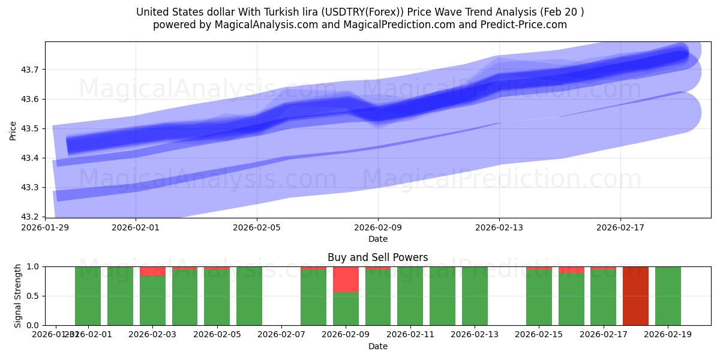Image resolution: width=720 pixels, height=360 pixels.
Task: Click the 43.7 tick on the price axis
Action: click(x=30, y=70)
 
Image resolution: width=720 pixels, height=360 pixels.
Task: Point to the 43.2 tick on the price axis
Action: click(x=30, y=217)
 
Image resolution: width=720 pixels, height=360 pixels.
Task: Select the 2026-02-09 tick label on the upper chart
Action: click(x=378, y=228)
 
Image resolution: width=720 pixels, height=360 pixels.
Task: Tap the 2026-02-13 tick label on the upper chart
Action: click(x=499, y=228)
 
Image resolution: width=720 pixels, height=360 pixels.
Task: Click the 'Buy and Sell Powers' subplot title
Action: click(x=378, y=257)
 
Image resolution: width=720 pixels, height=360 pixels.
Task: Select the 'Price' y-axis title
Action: click(x=13, y=130)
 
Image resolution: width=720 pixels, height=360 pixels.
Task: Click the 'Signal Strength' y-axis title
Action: click(x=18, y=296)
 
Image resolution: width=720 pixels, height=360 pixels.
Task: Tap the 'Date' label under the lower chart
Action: click(x=378, y=346)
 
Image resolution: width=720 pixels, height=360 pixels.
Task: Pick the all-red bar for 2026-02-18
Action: click(x=635, y=296)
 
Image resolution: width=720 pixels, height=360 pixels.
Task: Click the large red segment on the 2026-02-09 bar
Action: click(x=346, y=280)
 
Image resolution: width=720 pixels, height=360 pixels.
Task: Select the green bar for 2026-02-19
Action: click(x=668, y=296)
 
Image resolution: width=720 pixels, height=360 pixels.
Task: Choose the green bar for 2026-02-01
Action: click(x=120, y=296)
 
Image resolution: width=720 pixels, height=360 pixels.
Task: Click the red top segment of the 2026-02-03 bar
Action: click(x=152, y=271)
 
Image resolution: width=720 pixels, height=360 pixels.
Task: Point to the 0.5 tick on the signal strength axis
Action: click(x=33, y=296)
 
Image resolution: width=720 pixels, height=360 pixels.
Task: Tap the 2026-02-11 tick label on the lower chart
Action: click(x=410, y=335)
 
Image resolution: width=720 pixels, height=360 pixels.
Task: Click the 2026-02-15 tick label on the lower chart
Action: click(x=539, y=335)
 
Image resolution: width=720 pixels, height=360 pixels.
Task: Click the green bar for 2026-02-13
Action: click(x=475, y=296)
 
